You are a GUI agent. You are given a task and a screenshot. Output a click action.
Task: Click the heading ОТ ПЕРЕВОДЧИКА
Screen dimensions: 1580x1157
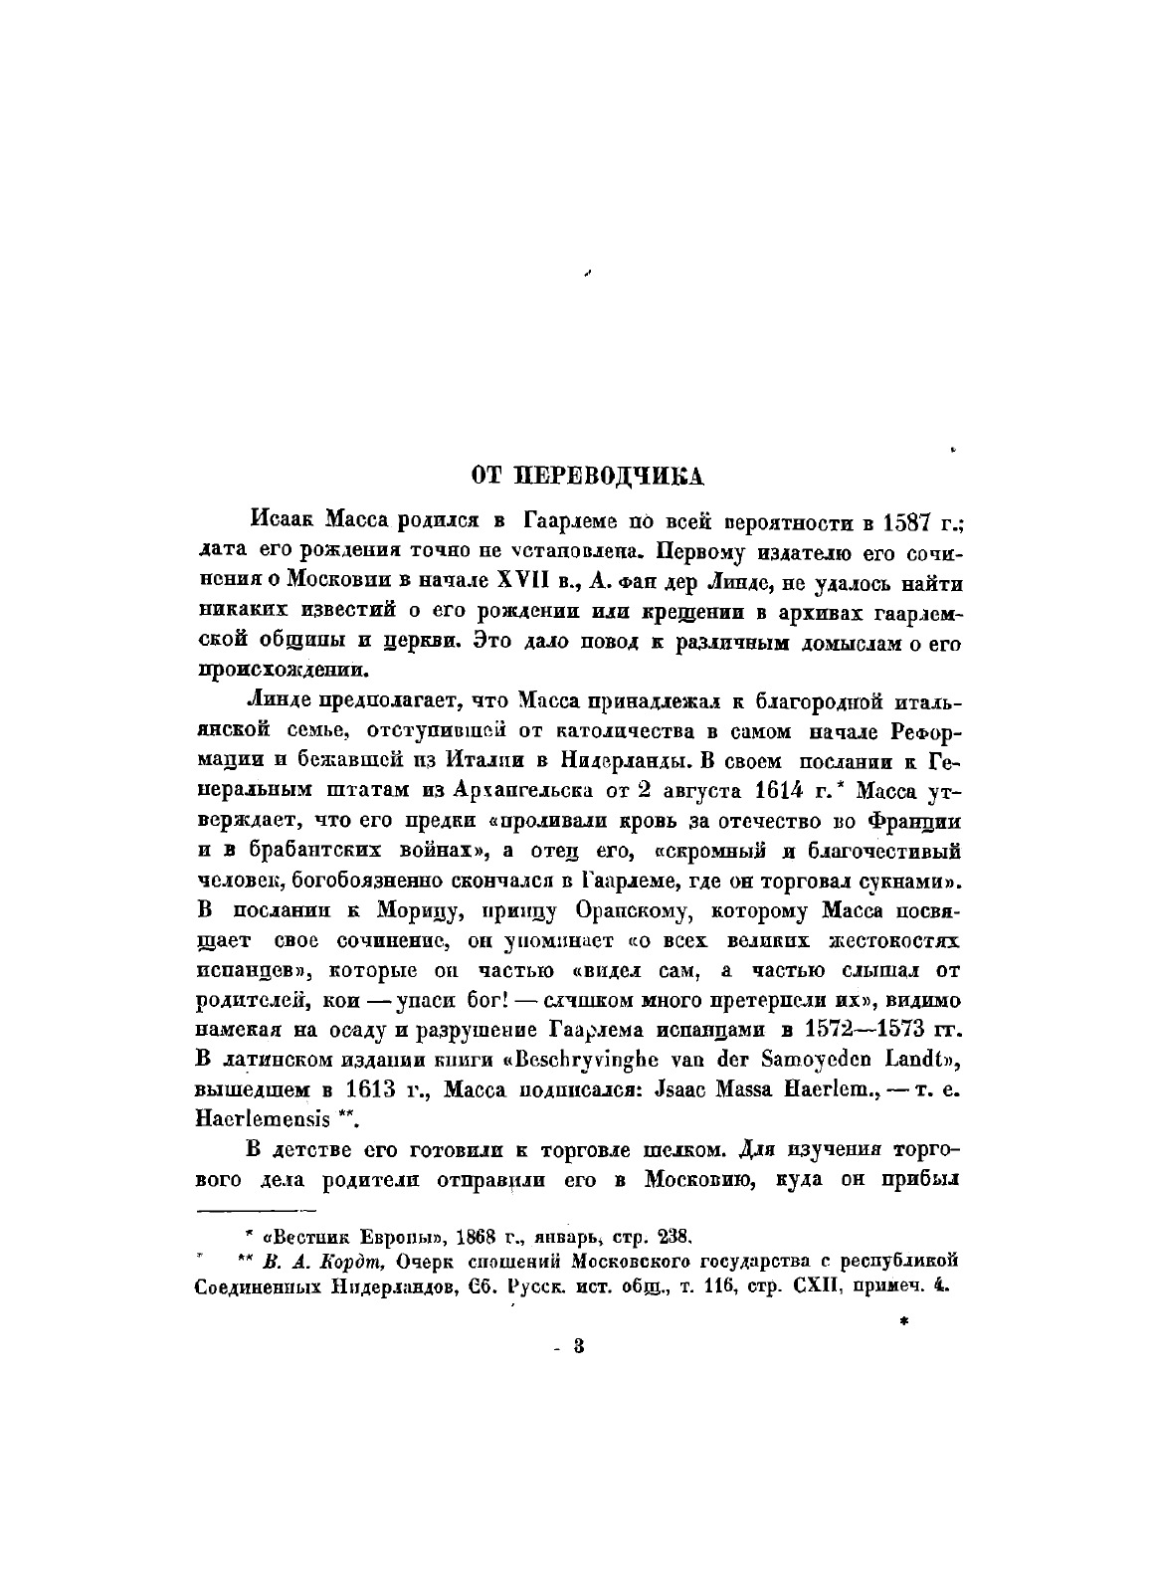[x=588, y=475]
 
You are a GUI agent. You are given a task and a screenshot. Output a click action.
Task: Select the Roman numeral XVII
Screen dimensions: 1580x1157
[x=526, y=580]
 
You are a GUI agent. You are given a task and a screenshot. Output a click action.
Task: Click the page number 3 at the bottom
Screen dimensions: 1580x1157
[x=579, y=1346]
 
